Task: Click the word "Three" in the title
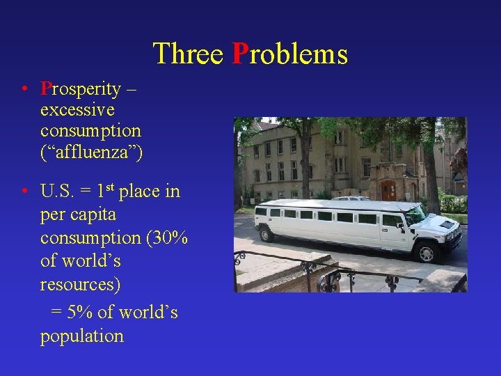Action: pyautogui.click(x=188, y=54)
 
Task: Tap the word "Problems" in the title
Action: pyautogui.click(x=289, y=54)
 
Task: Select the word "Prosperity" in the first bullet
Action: pyautogui.click(x=80, y=90)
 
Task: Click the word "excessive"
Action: pyautogui.click(x=77, y=110)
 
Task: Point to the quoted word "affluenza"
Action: pyautogui.click(x=91, y=151)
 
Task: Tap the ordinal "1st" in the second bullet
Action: pyautogui.click(x=105, y=191)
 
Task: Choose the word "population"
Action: pyautogui.click(x=82, y=336)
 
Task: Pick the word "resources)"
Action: pyautogui.click(x=80, y=284)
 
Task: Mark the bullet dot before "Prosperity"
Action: pyautogui.click(x=24, y=89)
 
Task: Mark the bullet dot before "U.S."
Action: pyautogui.click(x=24, y=191)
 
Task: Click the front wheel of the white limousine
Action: pyautogui.click(x=425, y=253)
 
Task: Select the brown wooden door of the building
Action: pyautogui.click(x=388, y=190)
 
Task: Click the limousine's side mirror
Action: pyautogui.click(x=407, y=225)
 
